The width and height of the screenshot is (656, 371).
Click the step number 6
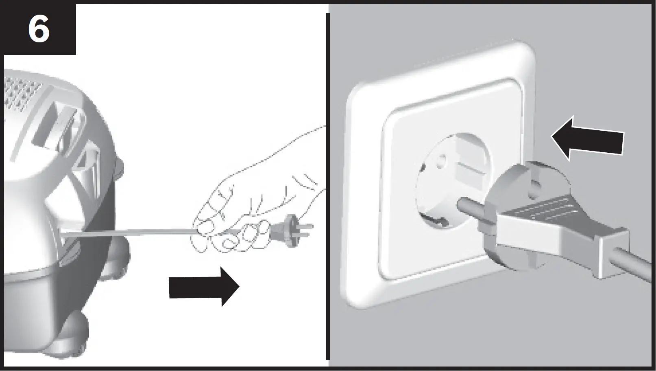(39, 29)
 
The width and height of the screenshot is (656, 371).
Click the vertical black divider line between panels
(327, 187)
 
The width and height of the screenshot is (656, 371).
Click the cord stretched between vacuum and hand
(130, 232)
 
